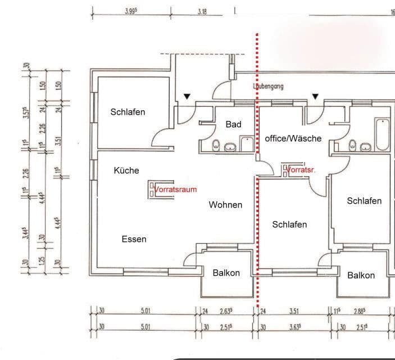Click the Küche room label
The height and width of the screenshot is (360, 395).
[x=126, y=170]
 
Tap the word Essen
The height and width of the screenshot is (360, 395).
[x=134, y=239]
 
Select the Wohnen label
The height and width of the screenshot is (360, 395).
[x=225, y=205]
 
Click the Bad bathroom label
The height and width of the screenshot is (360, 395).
[x=233, y=124]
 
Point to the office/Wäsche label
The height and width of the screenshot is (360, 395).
[x=293, y=138]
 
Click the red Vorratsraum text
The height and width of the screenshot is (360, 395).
[x=176, y=189]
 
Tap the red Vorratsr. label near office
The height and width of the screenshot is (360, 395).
[x=302, y=169]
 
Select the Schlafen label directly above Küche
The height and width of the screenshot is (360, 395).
[x=128, y=112]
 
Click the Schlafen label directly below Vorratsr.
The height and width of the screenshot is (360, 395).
[x=289, y=224]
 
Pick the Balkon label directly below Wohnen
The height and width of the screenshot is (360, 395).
[x=226, y=273]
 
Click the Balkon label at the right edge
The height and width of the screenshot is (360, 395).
[x=361, y=275]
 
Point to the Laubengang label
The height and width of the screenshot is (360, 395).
[x=268, y=87]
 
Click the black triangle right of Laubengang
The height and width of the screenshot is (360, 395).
[x=315, y=96]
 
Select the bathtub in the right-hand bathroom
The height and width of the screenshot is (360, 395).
[x=382, y=134]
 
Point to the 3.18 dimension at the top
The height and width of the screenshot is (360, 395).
[x=202, y=11]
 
